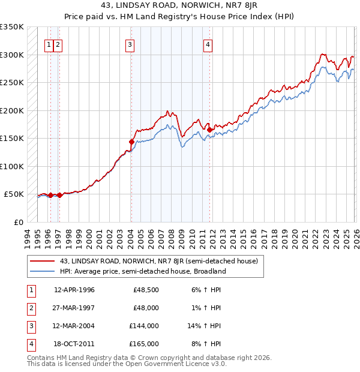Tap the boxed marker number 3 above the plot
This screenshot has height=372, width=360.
(130, 44)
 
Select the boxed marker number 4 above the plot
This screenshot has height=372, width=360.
(207, 44)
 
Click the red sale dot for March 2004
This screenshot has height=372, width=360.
(131, 142)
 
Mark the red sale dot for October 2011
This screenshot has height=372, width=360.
(210, 130)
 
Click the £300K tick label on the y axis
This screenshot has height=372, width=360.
(12, 55)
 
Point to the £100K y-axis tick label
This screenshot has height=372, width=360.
(12, 166)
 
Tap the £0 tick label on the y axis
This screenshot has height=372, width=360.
(18, 222)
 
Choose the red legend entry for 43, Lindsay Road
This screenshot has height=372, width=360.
(158, 261)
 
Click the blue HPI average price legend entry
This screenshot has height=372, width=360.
(142, 271)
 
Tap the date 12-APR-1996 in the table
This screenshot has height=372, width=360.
(74, 290)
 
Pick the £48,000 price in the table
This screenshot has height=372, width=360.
(146, 308)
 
